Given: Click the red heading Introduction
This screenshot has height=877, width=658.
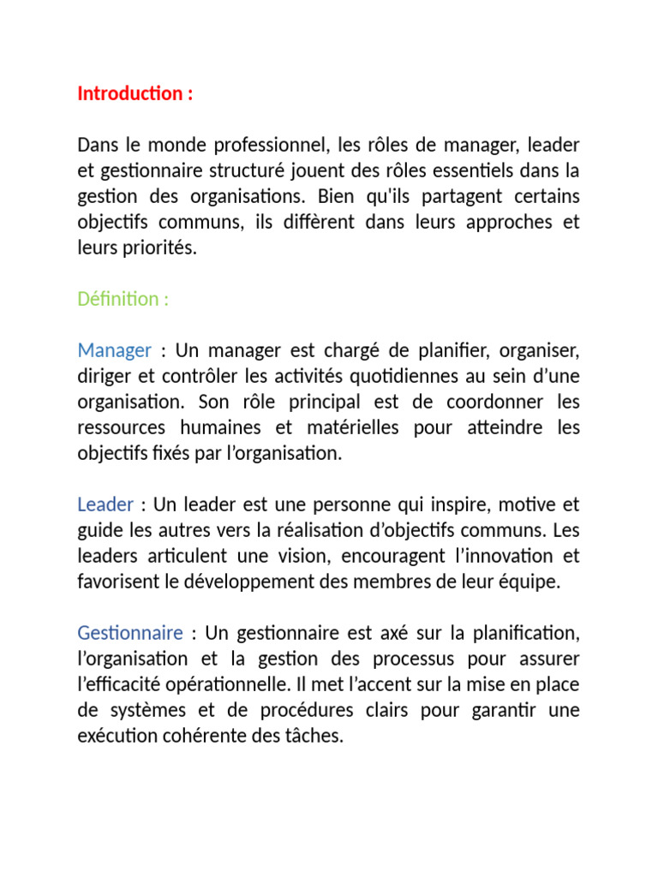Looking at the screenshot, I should (x=130, y=93).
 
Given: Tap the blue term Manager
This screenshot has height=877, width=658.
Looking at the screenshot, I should (x=114, y=350).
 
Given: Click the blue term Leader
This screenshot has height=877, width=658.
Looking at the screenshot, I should (x=105, y=504).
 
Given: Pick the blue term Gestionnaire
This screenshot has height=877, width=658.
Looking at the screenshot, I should (x=130, y=633).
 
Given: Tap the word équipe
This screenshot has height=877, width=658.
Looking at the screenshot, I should (x=531, y=582).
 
